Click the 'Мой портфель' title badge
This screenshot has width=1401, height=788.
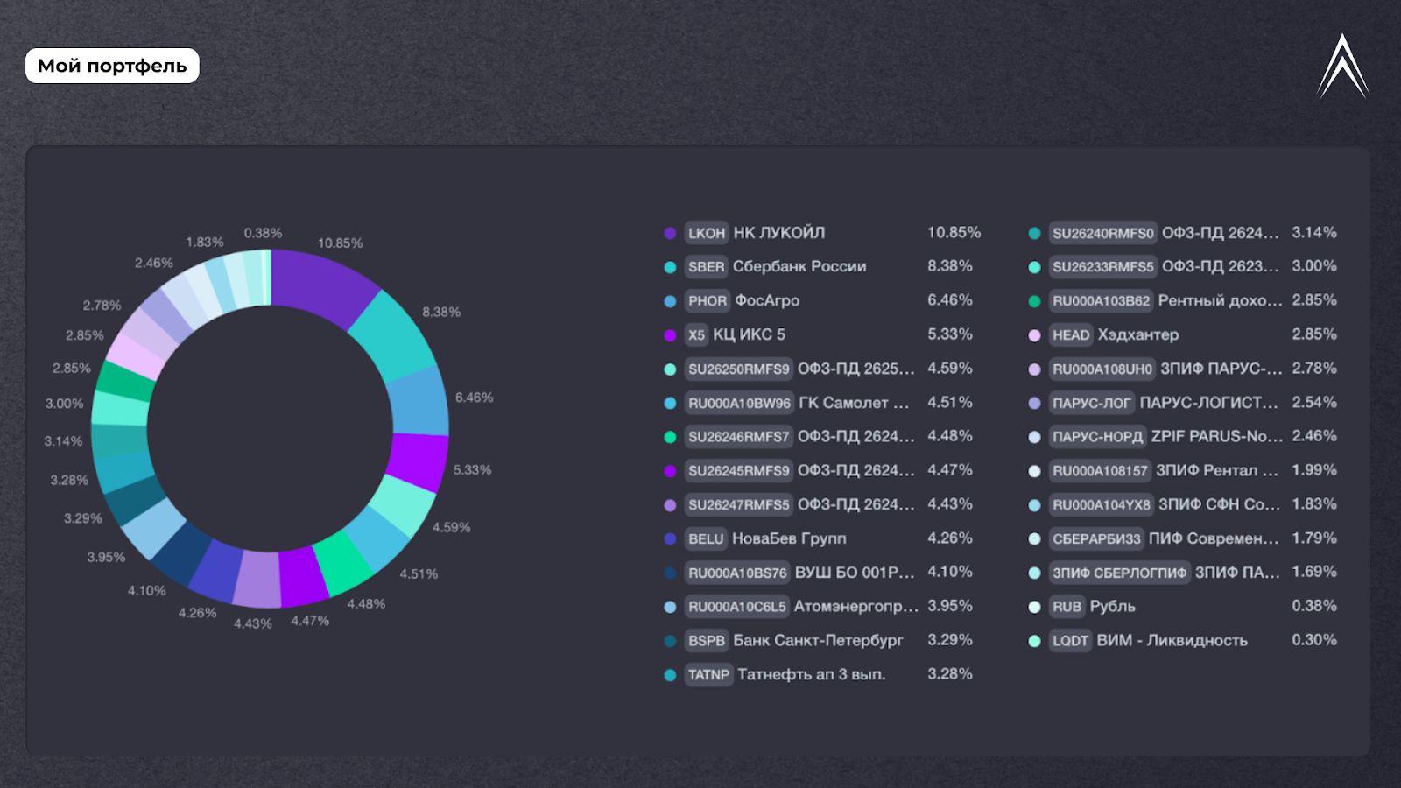click(112, 66)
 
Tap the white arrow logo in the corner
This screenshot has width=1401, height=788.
click(1342, 68)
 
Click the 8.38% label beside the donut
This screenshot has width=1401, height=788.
click(441, 312)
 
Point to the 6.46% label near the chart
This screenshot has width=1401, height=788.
click(474, 398)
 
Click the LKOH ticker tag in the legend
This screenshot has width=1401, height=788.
click(706, 233)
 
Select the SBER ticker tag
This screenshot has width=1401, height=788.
click(706, 267)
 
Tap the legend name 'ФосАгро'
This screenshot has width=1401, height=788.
click(767, 300)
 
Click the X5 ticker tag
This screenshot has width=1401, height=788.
click(696, 334)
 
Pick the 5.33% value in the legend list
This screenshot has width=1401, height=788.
click(949, 334)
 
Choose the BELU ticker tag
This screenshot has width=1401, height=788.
click(706, 538)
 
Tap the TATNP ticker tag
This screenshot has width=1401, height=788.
click(708, 674)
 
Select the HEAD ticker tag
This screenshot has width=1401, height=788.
click(1071, 334)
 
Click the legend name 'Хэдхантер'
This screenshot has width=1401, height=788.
click(1138, 334)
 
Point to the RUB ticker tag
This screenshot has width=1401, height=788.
click(1067, 607)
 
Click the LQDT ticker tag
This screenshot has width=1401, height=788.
click(1070, 641)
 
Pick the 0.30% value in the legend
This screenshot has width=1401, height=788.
click(1313, 640)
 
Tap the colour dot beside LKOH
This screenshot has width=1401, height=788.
click(670, 233)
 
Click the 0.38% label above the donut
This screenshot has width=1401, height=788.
click(263, 233)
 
